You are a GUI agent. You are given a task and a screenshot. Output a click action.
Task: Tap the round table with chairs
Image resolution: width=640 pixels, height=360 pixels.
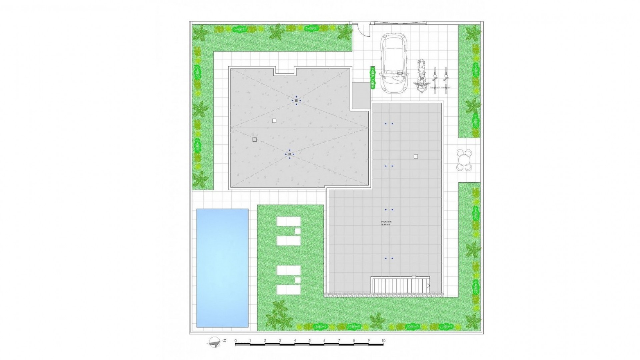[x=464, y=160]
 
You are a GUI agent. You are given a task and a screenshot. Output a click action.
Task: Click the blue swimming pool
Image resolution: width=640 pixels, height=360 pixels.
[x=222, y=268]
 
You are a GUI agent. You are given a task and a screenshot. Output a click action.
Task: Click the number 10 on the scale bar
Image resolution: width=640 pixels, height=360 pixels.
[x=383, y=341]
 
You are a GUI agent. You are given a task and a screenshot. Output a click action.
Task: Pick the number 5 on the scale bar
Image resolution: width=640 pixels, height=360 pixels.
[x=310, y=341]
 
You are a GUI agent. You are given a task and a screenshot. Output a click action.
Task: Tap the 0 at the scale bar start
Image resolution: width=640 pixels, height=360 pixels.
[x=236, y=341]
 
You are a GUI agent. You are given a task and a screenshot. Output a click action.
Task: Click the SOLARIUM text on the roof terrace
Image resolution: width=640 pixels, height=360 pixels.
[x=386, y=221]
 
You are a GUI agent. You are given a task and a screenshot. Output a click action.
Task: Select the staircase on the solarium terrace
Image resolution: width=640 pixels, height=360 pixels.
[x=400, y=285]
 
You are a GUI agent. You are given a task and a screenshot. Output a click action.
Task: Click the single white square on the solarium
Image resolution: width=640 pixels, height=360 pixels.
[x=415, y=156]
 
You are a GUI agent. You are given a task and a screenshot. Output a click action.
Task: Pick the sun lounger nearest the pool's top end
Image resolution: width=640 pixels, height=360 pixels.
[x=289, y=222]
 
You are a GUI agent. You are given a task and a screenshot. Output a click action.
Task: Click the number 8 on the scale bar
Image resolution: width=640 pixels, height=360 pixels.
[x=354, y=341]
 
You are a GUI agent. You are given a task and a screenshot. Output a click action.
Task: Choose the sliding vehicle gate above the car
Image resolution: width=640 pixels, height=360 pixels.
[x=400, y=23]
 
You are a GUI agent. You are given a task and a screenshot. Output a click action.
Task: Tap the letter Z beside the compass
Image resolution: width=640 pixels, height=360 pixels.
[x=225, y=340]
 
